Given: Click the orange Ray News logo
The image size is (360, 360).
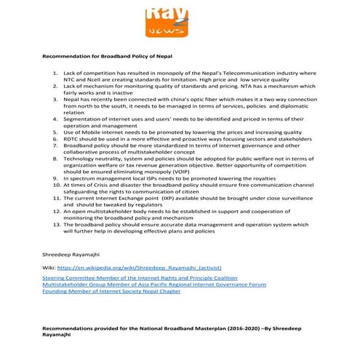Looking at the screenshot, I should pos(167,20).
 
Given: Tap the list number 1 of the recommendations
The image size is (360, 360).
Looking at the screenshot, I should pos(56,73).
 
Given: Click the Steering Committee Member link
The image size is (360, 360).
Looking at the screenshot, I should pos(140,278).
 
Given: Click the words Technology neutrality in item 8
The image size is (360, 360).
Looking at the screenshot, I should pos(91,157).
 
